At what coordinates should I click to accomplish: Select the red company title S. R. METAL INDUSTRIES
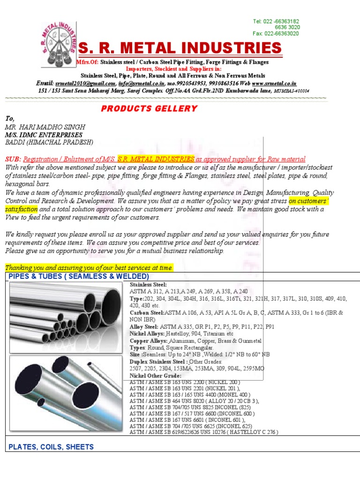(180, 48)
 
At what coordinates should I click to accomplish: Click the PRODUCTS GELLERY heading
(149, 109)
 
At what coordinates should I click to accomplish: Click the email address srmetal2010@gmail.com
(85, 82)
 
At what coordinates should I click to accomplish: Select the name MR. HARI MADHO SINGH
(45, 127)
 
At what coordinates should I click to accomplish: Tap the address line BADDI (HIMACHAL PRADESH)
(49, 142)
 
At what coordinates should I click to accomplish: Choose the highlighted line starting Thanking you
(89, 268)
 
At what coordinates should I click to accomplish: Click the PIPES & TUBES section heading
(79, 277)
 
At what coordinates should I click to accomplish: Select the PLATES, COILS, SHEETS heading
(51, 447)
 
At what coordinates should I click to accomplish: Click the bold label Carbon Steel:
(147, 312)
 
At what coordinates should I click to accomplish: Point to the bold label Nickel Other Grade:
(155, 376)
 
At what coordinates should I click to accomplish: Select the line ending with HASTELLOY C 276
(203, 432)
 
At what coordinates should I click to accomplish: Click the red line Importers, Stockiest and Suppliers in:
(173, 69)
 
